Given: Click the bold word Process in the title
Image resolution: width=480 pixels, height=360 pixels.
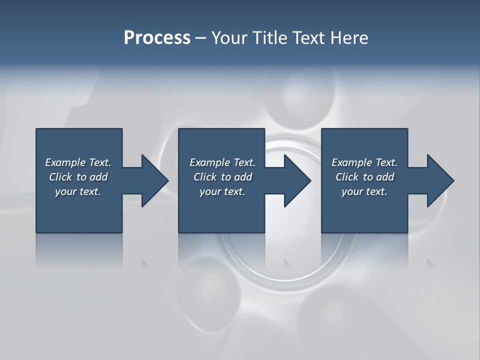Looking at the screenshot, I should pos(157,38).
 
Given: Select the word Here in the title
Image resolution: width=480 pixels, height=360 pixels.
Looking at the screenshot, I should pos(349,38).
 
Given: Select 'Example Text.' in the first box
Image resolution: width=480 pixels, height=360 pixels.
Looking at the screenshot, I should pos(78,162).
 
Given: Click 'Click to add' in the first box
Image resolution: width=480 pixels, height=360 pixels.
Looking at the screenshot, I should pos(78,177).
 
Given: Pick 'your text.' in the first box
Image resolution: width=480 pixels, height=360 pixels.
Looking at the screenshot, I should pos(78,191).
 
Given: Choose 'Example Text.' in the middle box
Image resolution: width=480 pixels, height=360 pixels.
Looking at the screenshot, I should pos(222,162).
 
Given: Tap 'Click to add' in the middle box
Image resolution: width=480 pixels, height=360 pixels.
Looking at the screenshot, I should pos(222,177).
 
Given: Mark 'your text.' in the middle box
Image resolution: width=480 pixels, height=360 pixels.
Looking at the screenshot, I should pos(222,191).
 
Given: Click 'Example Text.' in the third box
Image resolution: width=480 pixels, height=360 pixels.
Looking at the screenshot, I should pos(364,162).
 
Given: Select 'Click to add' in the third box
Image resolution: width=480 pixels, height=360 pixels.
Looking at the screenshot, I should pos(364,177).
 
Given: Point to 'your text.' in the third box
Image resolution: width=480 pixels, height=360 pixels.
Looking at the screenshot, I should pos(364,191).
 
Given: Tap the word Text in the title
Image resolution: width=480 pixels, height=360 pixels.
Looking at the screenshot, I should pos(309,38).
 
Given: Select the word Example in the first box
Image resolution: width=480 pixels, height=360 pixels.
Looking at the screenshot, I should pos(65,162).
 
